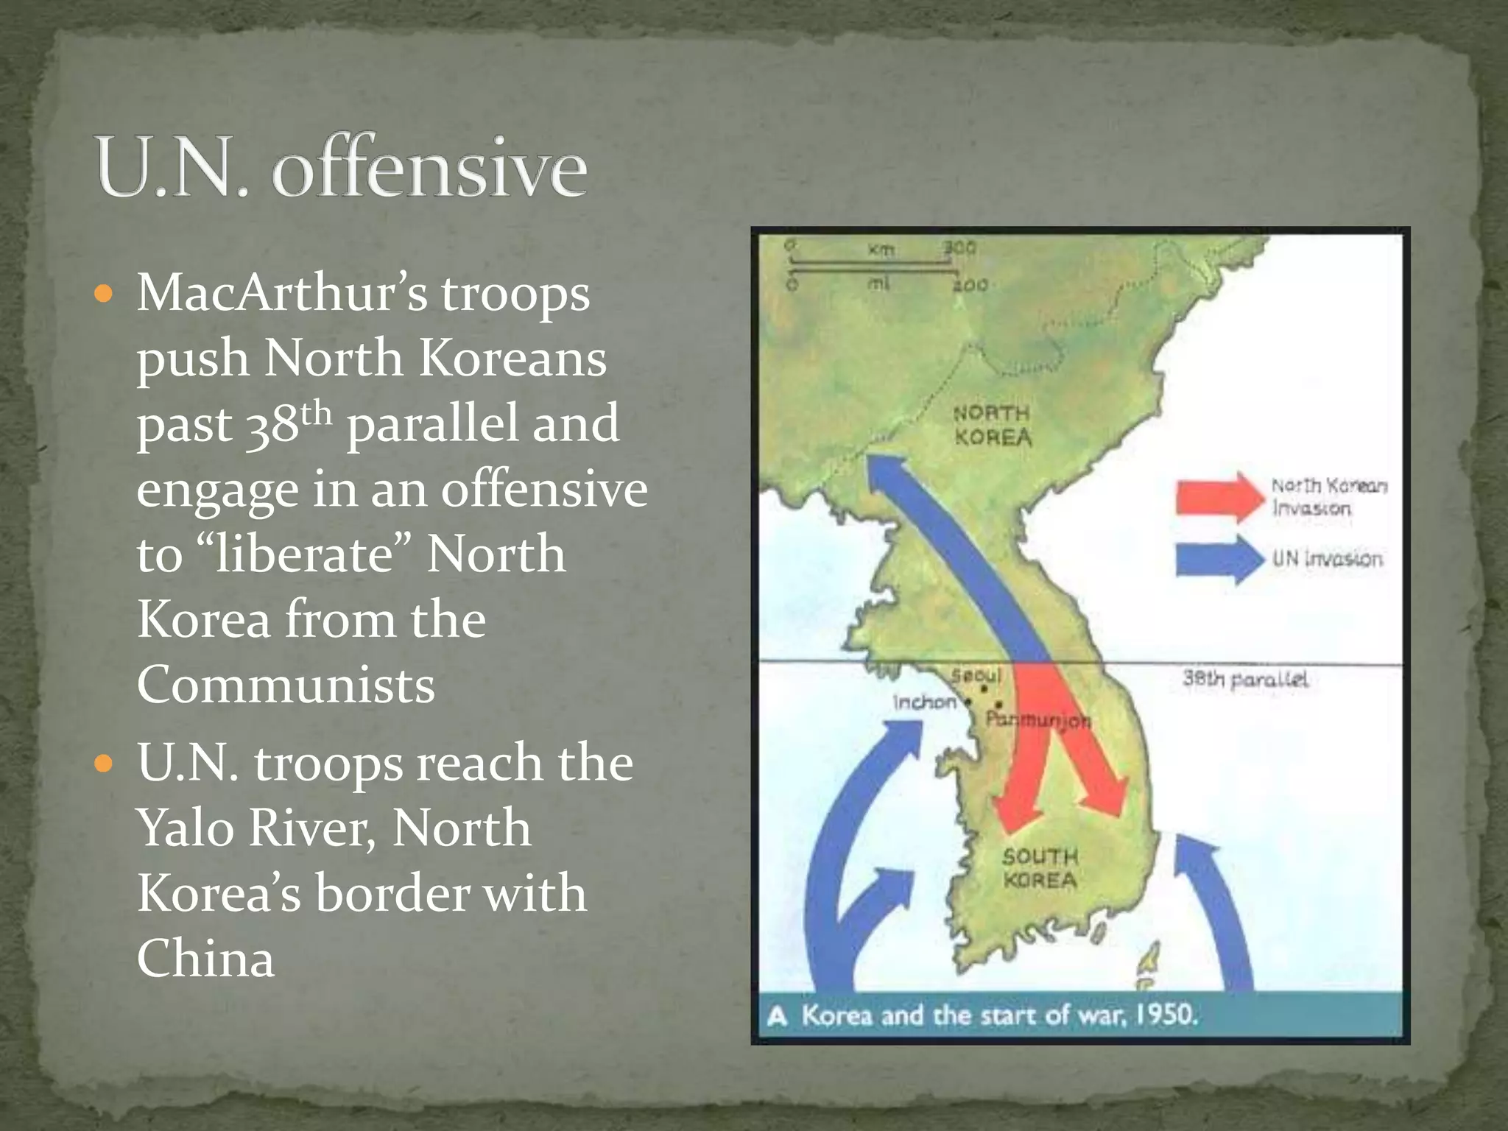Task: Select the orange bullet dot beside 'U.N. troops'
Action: click(x=105, y=764)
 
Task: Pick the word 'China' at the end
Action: click(x=205, y=959)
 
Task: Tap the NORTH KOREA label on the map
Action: click(x=993, y=425)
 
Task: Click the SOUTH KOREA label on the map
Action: click(x=1040, y=868)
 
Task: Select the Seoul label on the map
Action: click(x=976, y=675)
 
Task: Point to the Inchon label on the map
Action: click(x=924, y=702)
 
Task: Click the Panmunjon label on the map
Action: click(x=1038, y=719)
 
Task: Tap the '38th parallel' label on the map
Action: click(x=1245, y=678)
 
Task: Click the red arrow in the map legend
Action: click(x=1219, y=497)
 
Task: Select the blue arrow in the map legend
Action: click(x=1219, y=559)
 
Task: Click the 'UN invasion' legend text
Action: click(x=1327, y=559)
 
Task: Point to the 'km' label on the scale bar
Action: click(x=881, y=250)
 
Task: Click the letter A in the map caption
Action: click(x=778, y=1017)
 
